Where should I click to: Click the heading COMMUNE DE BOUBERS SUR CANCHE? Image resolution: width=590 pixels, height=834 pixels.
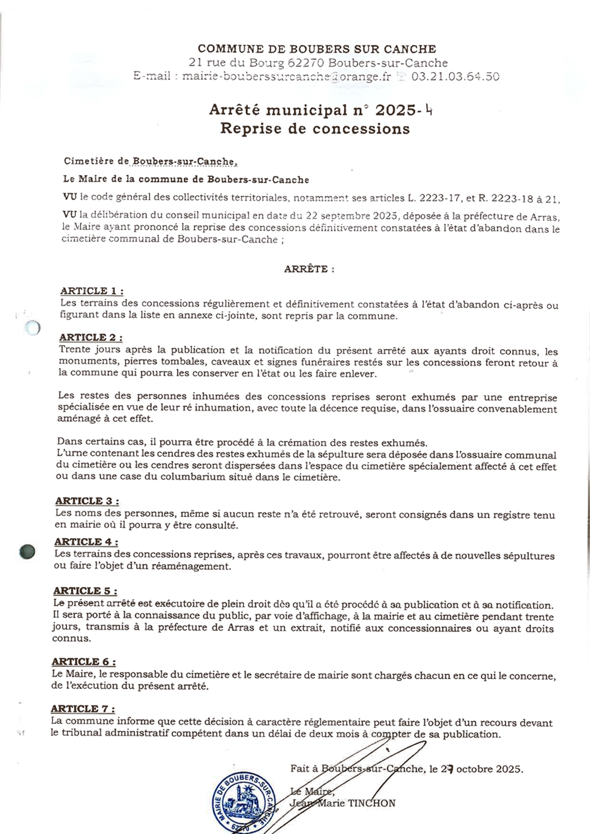point(317,49)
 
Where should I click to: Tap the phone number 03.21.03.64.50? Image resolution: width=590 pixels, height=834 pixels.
point(455,77)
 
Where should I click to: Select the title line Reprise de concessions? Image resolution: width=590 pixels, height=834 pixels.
point(315,129)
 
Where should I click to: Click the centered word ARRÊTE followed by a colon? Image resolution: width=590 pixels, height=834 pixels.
point(309,269)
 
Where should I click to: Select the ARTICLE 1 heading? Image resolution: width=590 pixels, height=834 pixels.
point(91,291)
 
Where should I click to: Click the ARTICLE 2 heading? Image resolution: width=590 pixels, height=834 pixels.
point(91,338)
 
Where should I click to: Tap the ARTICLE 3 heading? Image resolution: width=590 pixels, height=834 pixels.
point(87,501)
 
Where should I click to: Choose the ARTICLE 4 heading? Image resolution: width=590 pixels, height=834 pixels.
point(86,542)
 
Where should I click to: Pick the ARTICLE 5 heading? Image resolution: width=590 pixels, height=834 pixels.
point(85,591)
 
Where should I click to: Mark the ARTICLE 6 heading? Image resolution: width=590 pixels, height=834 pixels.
point(84,662)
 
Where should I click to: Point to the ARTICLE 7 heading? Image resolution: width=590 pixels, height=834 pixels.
point(83,709)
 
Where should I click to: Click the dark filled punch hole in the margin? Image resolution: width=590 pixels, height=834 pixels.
point(27,551)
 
